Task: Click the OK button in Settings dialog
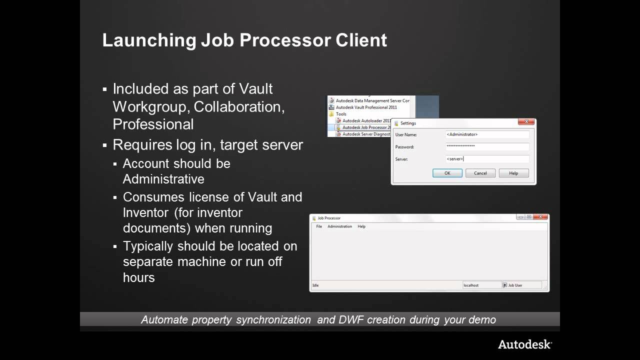(x=447, y=173)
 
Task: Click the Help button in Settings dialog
(x=513, y=173)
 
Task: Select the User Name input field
(x=487, y=134)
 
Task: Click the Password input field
(x=487, y=146)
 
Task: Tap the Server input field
(x=487, y=159)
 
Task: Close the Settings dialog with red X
(x=526, y=122)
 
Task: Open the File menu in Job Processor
(x=319, y=226)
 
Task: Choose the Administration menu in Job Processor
(x=339, y=226)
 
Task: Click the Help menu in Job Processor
(x=361, y=226)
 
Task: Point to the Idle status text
(x=315, y=285)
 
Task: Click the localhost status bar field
(x=481, y=285)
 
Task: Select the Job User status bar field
(x=522, y=285)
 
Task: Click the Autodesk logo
(x=524, y=344)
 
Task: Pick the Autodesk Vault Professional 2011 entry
(x=366, y=107)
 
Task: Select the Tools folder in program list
(x=341, y=114)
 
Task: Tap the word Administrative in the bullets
(x=163, y=179)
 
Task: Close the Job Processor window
(x=540, y=217)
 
